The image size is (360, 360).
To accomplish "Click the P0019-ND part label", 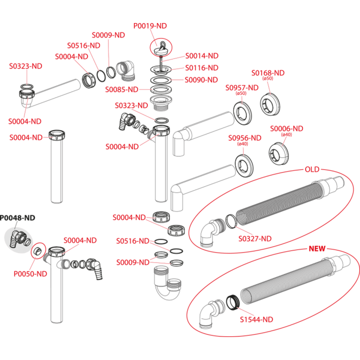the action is [x=150, y=25].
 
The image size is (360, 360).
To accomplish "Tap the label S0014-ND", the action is [x=202, y=56].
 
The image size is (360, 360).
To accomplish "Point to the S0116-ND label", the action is [x=202, y=68].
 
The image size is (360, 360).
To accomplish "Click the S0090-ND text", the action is [x=201, y=80].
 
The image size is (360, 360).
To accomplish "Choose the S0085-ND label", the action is [x=121, y=89].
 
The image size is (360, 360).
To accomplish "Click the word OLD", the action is [x=312, y=169].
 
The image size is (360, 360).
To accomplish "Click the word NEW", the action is [x=317, y=248].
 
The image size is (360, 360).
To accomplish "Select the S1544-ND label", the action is [x=256, y=319].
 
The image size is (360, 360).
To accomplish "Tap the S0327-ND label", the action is [x=255, y=239].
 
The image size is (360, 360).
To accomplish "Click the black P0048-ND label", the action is [x=17, y=217].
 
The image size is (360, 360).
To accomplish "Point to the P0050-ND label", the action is [x=30, y=274].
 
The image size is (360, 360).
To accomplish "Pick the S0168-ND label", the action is [x=268, y=73].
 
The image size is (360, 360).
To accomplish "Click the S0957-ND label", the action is [x=242, y=87].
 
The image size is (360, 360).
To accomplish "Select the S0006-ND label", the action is [x=286, y=128].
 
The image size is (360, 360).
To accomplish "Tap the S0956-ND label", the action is [x=244, y=138].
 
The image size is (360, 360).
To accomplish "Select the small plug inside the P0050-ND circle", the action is [x=37, y=250].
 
